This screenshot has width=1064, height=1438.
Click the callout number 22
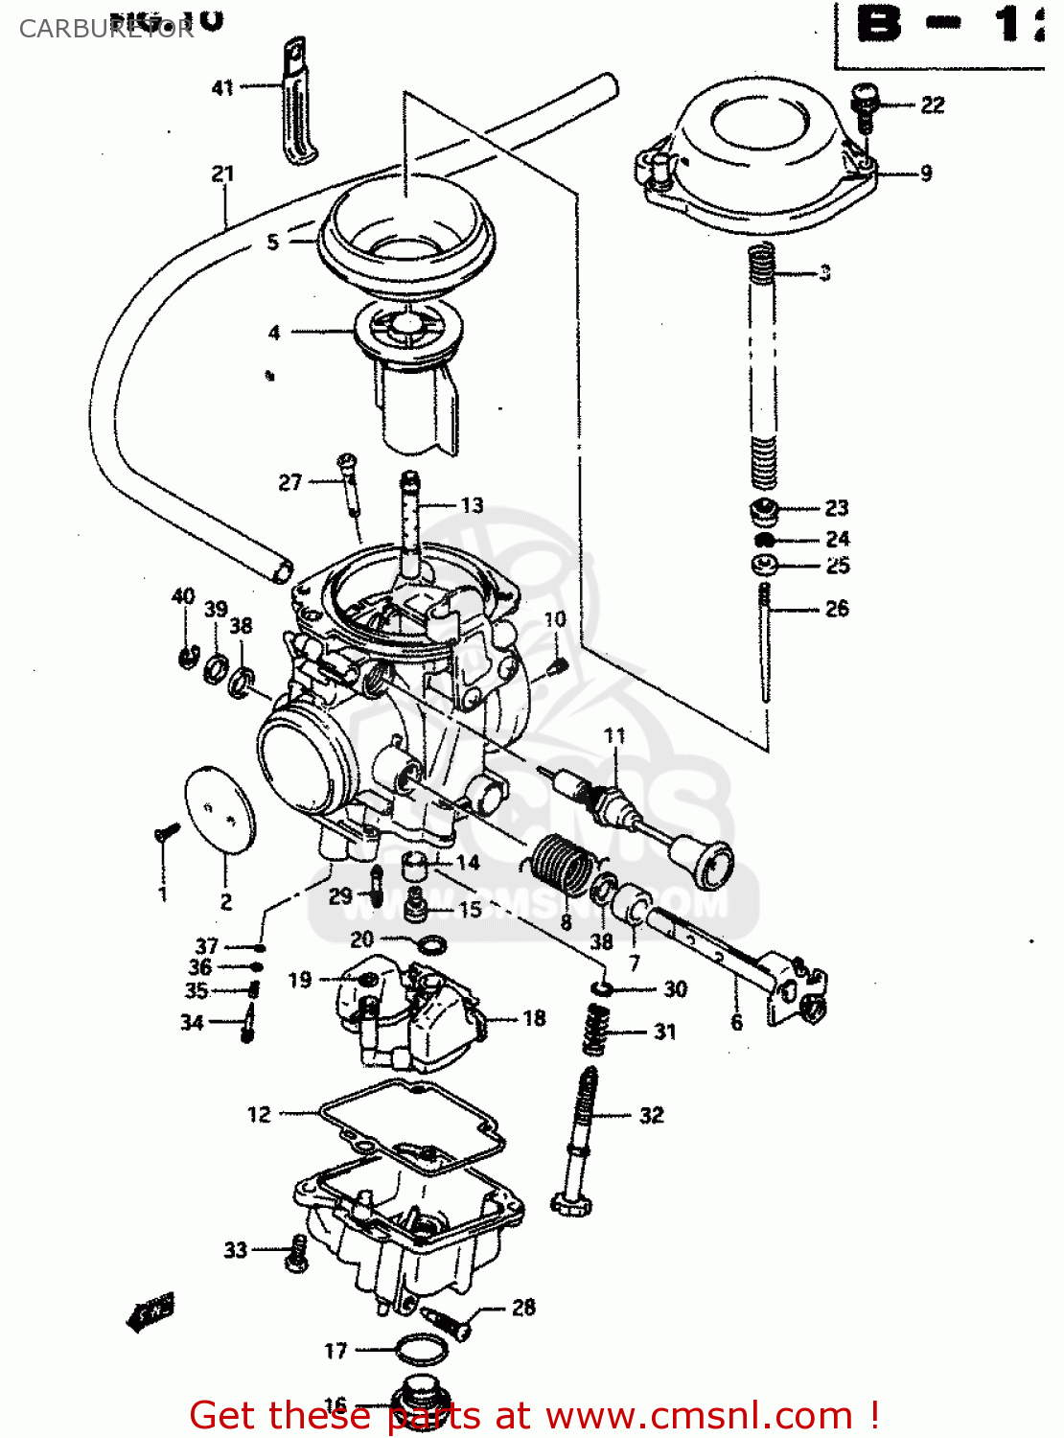click(x=932, y=104)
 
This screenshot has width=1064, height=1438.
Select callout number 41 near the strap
click(x=222, y=87)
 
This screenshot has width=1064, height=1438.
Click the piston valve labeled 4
click(x=407, y=374)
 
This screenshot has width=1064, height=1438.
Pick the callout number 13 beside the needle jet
click(x=472, y=505)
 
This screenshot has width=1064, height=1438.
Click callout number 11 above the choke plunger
click(x=614, y=735)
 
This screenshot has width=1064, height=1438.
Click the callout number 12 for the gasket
click(x=259, y=1114)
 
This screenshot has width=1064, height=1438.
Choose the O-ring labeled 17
click(x=422, y=1350)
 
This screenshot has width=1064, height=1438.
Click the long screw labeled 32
click(x=581, y=1141)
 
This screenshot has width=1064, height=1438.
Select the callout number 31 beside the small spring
click(x=665, y=1032)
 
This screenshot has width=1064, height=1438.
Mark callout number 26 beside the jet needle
click(x=837, y=608)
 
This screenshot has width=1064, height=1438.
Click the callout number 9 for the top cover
click(x=926, y=174)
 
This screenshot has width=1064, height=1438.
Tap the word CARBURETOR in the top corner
click(x=105, y=29)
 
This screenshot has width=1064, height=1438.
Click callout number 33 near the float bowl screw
click(x=236, y=1249)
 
